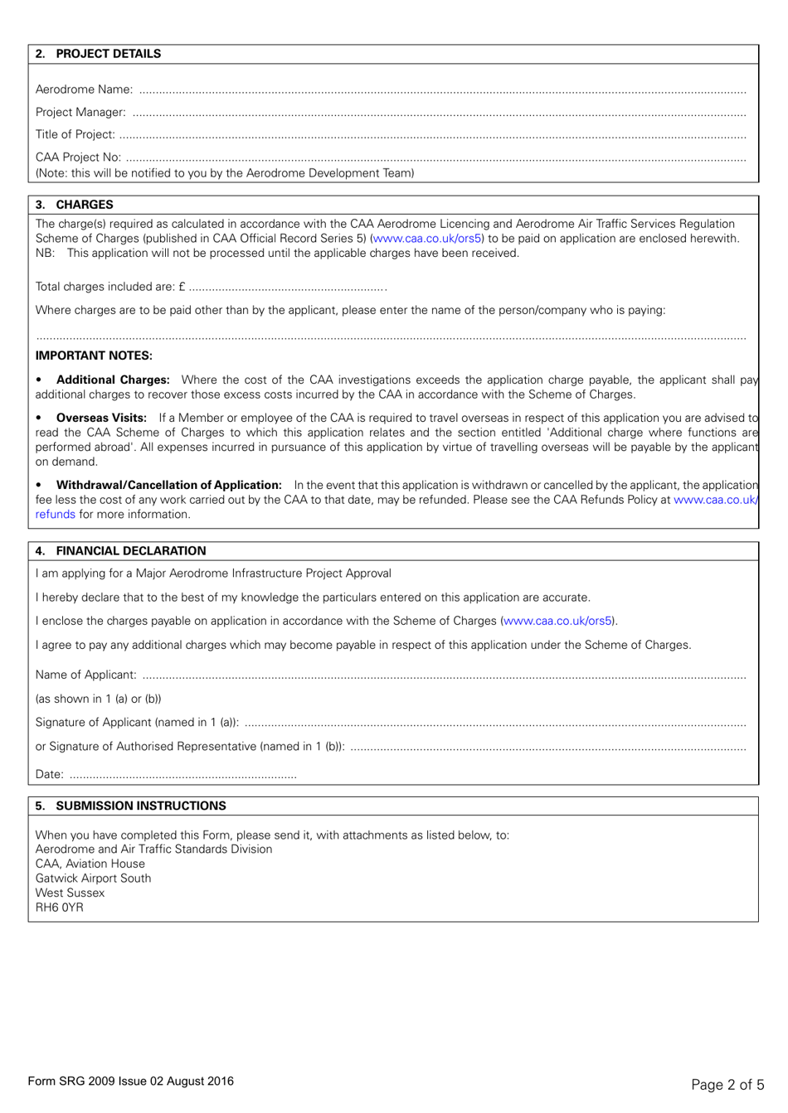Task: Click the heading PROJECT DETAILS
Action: tap(108, 54)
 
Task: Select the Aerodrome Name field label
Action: tap(84, 90)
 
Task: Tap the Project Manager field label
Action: tap(80, 112)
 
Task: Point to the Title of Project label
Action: tap(75, 134)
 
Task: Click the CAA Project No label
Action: tap(78, 157)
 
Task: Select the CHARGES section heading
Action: tap(84, 205)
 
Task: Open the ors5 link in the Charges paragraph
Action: tap(427, 239)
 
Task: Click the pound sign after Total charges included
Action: tap(182, 287)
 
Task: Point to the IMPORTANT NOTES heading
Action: tap(94, 356)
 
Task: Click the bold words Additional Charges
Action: tap(113, 380)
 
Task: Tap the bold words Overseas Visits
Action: tap(101, 418)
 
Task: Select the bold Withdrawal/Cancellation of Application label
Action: tap(168, 485)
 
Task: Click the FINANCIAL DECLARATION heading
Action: tap(130, 551)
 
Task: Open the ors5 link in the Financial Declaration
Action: tap(557, 621)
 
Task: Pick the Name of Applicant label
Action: tap(85, 675)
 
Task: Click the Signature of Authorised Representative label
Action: tap(190, 746)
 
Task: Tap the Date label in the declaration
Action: tap(49, 774)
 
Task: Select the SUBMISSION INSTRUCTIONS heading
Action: tap(140, 806)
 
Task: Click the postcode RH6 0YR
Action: tap(59, 907)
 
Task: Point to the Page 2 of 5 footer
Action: tap(727, 1084)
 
